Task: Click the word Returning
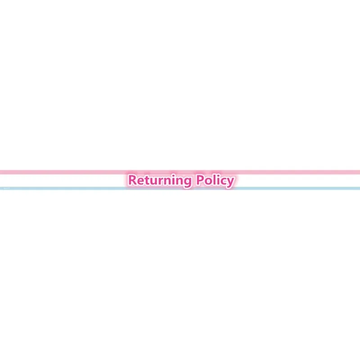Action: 160,181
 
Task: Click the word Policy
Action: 215,180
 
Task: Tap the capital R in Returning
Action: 133,180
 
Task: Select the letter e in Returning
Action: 141,181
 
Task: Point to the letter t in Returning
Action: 148,180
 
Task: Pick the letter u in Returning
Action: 155,181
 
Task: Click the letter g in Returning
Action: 188,183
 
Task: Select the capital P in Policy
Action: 200,180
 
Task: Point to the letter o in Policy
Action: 208,181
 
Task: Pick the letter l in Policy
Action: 215,180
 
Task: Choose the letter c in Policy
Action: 224,181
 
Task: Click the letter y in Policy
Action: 231,183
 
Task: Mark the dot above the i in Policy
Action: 219,175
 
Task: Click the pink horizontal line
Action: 180,172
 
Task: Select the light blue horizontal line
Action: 180,188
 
